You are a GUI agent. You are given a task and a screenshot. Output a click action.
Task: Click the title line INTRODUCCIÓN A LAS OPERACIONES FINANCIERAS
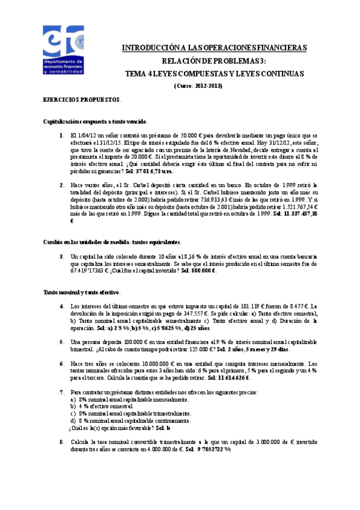click(215, 48)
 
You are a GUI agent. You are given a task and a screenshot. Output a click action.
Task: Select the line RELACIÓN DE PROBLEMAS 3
click(215, 61)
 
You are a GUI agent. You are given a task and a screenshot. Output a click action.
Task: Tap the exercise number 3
click(63, 257)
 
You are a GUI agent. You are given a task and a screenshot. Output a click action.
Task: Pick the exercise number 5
click(63, 342)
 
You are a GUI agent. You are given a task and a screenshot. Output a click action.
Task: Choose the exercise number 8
click(63, 442)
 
